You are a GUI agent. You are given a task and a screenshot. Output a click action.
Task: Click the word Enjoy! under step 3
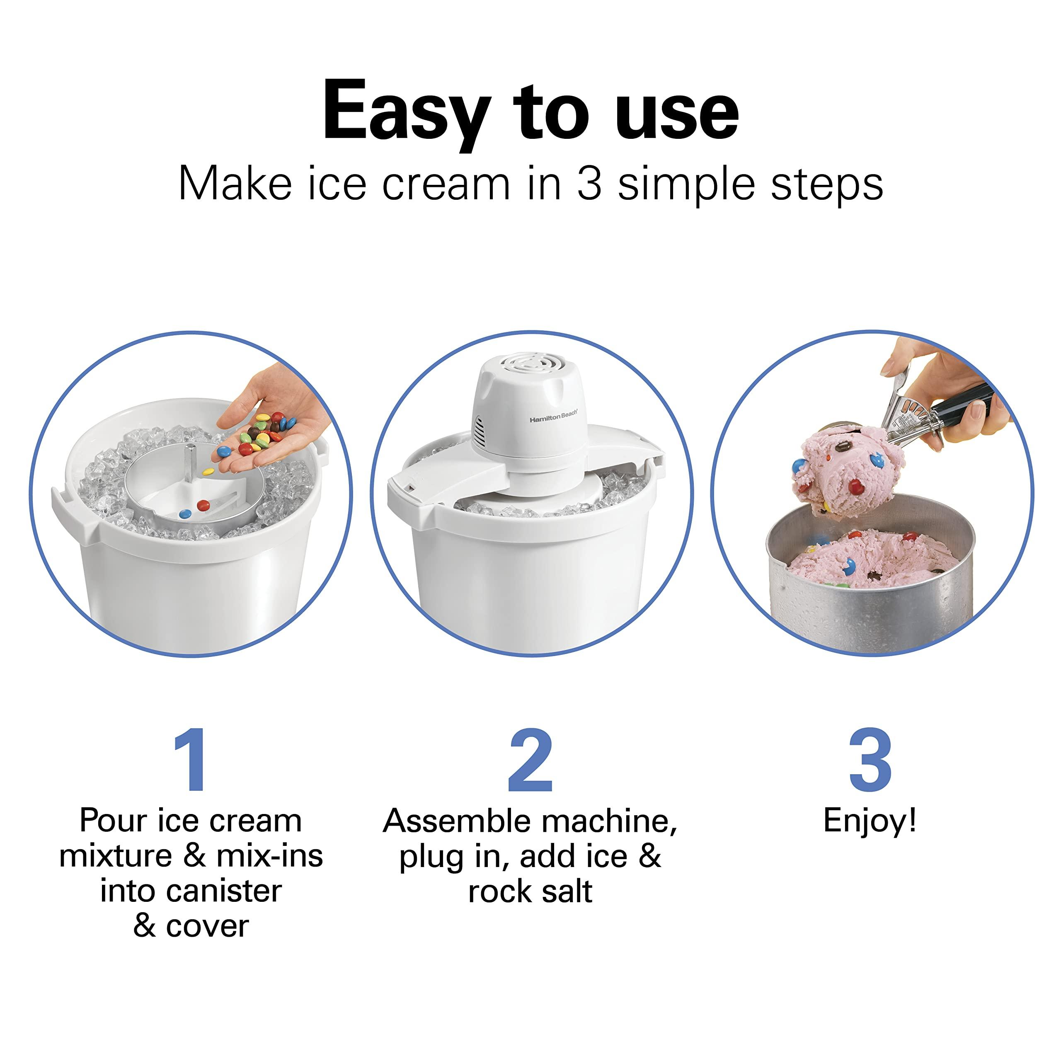tap(870, 822)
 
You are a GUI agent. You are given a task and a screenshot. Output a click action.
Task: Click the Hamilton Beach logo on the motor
tap(553, 418)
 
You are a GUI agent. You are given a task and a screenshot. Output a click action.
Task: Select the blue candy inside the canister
tap(185, 514)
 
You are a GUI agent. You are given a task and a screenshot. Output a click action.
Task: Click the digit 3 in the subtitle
tap(589, 184)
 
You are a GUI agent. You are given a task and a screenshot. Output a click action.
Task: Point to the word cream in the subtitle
tap(446, 184)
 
